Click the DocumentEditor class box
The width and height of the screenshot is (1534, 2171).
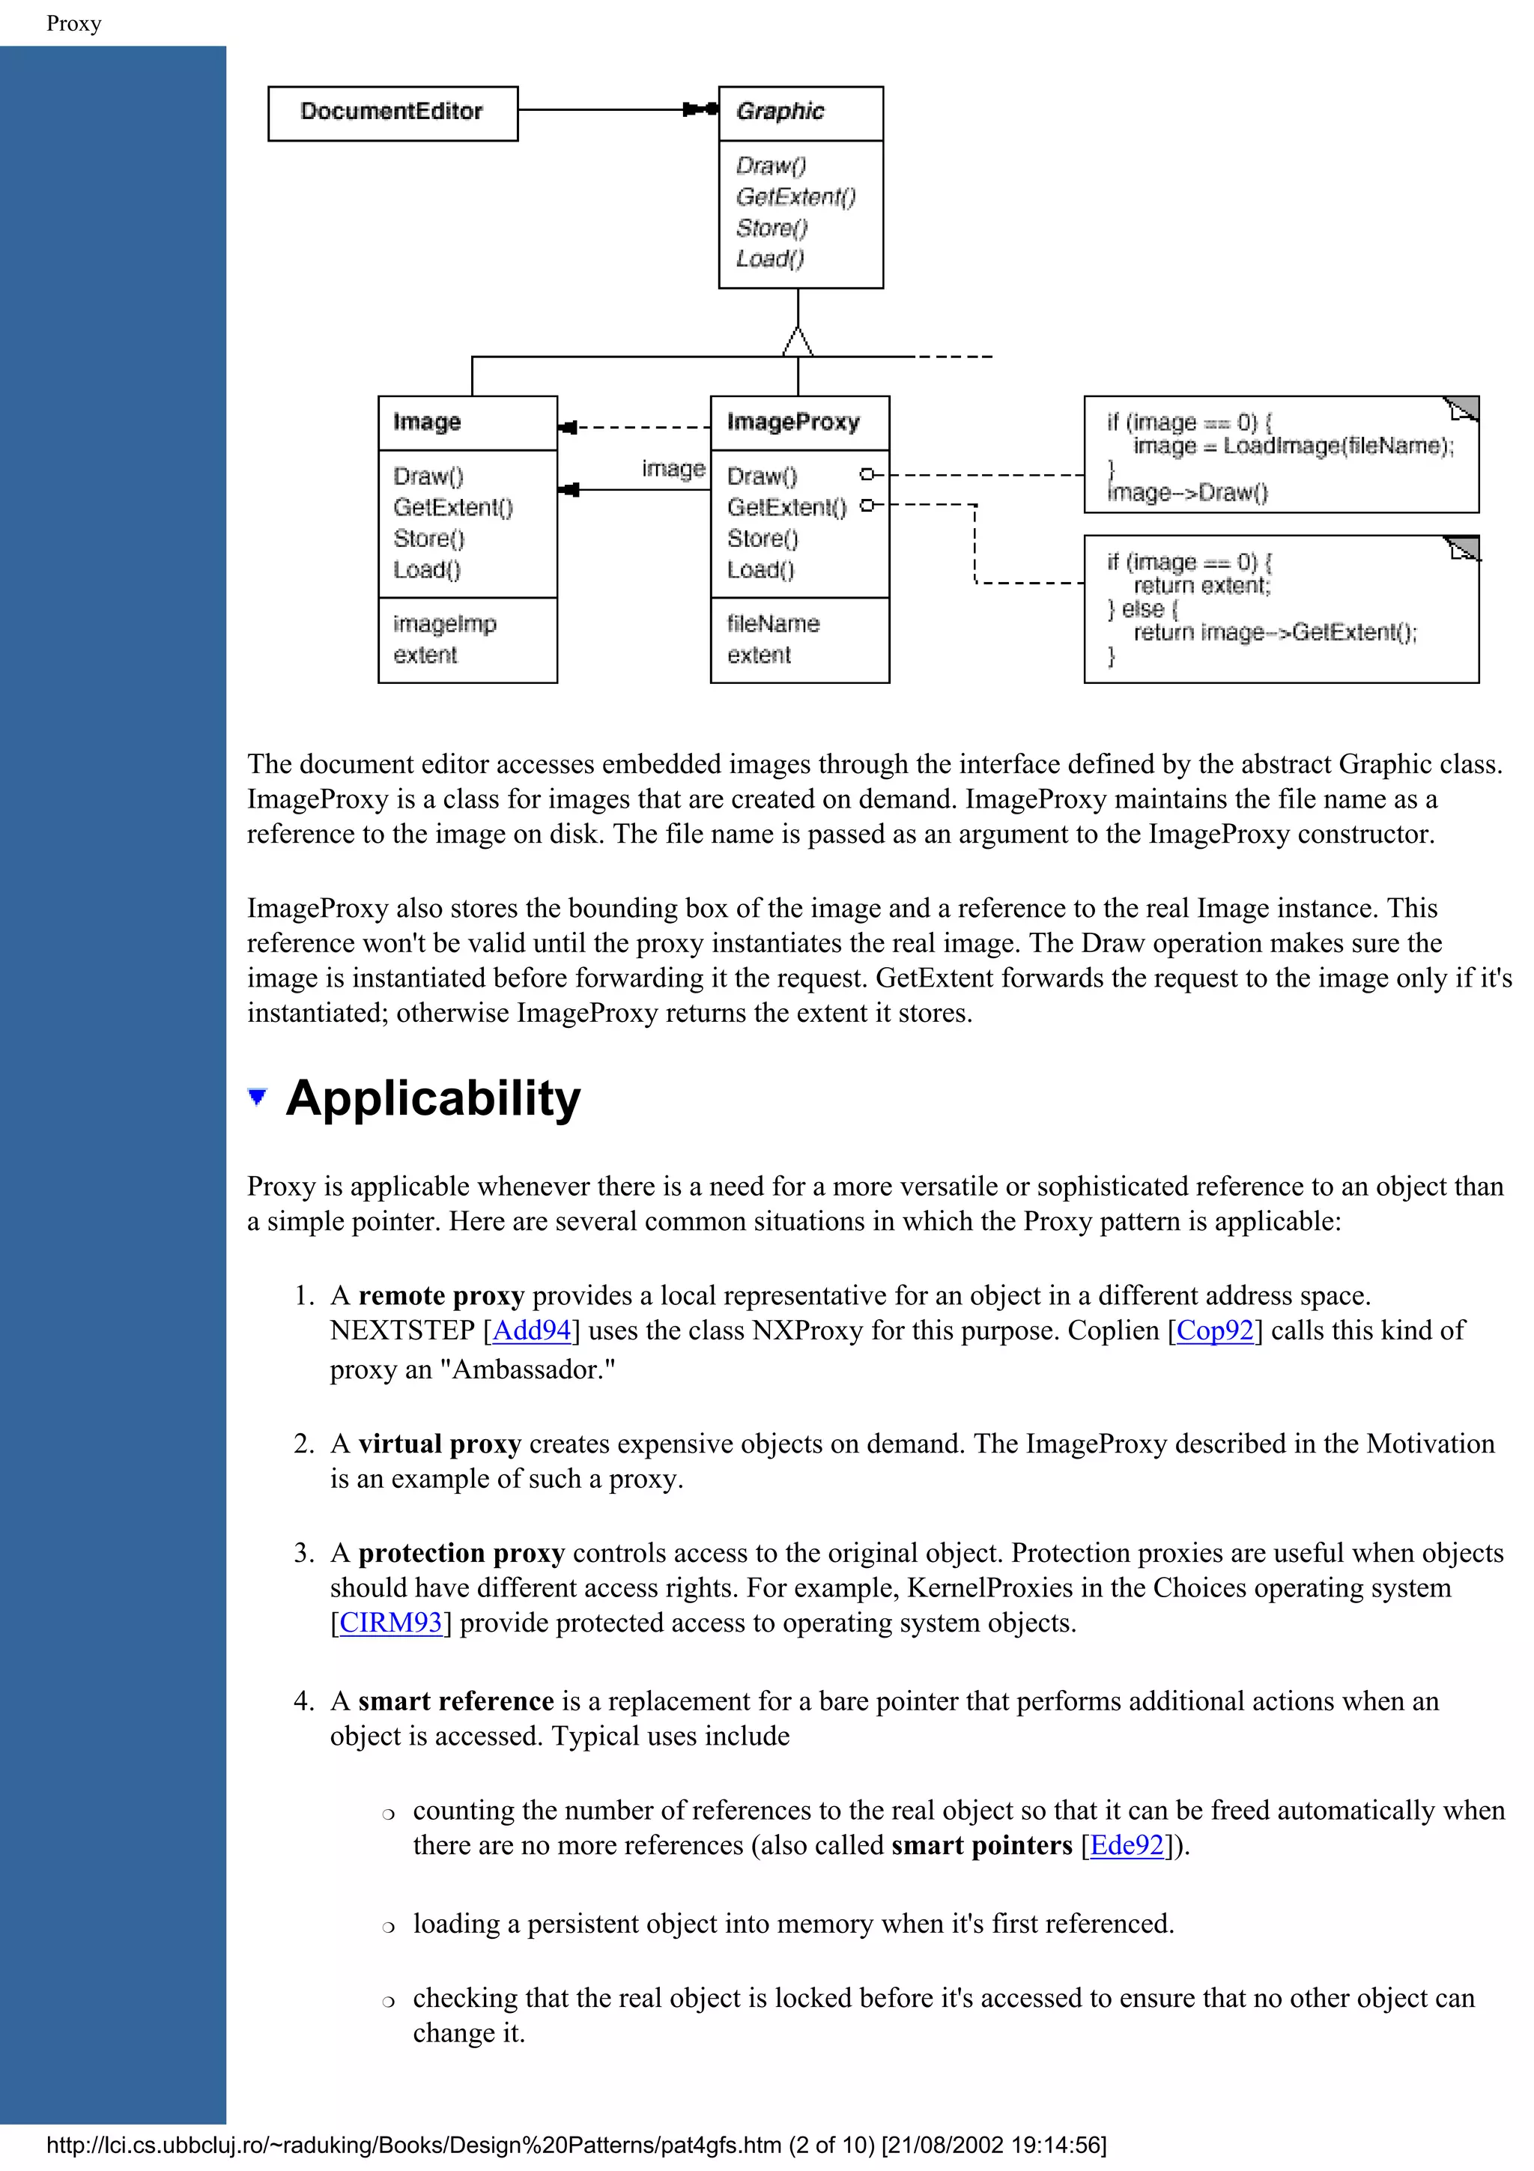coord(392,112)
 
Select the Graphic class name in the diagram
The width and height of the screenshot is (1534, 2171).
coord(780,112)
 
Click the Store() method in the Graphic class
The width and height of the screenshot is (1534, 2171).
coord(771,228)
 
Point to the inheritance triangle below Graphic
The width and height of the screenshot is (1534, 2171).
coord(798,342)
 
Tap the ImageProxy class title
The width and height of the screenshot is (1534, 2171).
coord(793,422)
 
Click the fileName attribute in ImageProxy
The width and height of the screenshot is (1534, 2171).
coord(772,624)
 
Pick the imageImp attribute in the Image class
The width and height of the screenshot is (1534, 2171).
coord(444,624)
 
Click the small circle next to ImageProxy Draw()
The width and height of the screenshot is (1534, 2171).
coord(866,475)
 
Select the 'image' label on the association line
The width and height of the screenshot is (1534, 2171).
coord(673,469)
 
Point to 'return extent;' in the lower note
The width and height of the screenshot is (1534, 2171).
coord(1201,585)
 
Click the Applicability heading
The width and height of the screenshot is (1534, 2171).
coord(433,1099)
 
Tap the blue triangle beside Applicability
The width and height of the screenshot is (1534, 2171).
coord(257,1097)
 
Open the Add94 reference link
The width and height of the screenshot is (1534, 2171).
coord(531,1330)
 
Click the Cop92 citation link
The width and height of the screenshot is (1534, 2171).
coord(1214,1330)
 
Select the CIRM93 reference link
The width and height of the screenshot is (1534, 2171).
coord(390,1623)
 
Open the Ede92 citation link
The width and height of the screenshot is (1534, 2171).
coord(1126,1845)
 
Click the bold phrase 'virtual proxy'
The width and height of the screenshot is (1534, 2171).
coord(440,1444)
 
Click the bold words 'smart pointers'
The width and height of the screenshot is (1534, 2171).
coord(981,1845)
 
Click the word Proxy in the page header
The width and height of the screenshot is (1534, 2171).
coord(73,24)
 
